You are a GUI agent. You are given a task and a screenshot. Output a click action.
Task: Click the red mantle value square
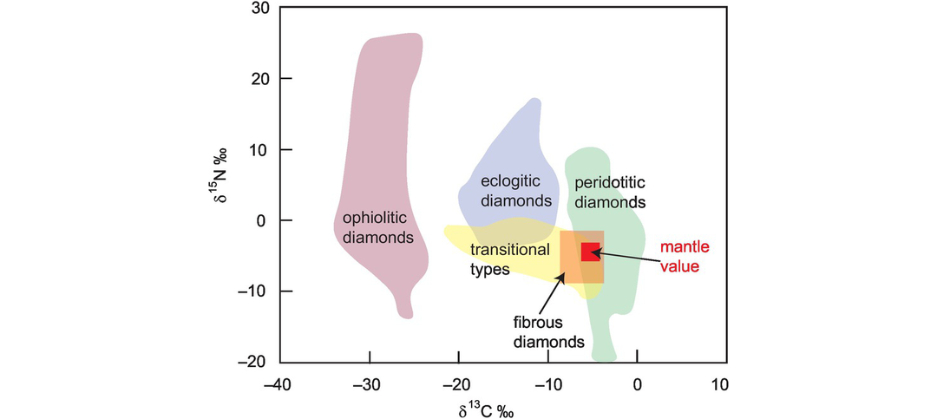[591, 252]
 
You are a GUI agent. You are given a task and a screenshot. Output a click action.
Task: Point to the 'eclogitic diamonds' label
[517, 191]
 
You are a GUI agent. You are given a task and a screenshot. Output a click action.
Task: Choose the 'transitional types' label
[510, 259]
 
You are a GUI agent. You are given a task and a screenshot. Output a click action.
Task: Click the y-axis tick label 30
[259, 9]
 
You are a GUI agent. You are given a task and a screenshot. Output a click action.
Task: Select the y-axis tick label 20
[259, 79]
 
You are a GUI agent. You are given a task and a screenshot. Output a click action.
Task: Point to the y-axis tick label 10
[260, 150]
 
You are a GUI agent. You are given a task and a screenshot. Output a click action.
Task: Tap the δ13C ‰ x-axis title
[502, 408]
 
